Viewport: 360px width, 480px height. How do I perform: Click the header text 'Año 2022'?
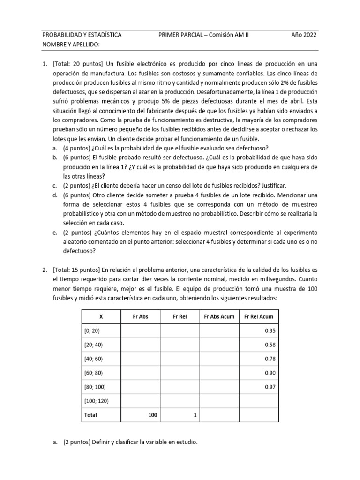[304, 35]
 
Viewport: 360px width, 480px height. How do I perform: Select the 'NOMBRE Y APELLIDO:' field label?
[71, 45]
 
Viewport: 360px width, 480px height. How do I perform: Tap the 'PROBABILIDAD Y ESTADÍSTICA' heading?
[82, 35]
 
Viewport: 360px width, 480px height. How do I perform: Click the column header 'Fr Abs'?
[141, 316]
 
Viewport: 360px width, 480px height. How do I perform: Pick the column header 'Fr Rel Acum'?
[259, 316]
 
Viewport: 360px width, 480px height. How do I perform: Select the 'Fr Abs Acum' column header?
[219, 316]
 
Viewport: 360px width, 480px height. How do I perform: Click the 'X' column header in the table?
[101, 316]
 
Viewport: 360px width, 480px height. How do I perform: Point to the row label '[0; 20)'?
[92, 331]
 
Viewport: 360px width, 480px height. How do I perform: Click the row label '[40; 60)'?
[94, 359]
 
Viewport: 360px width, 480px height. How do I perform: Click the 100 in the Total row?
[153, 415]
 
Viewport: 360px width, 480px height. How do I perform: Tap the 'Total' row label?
[90, 415]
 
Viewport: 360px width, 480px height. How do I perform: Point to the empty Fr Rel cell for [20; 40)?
[180, 345]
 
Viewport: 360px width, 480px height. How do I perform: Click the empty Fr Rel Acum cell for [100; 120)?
[259, 401]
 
